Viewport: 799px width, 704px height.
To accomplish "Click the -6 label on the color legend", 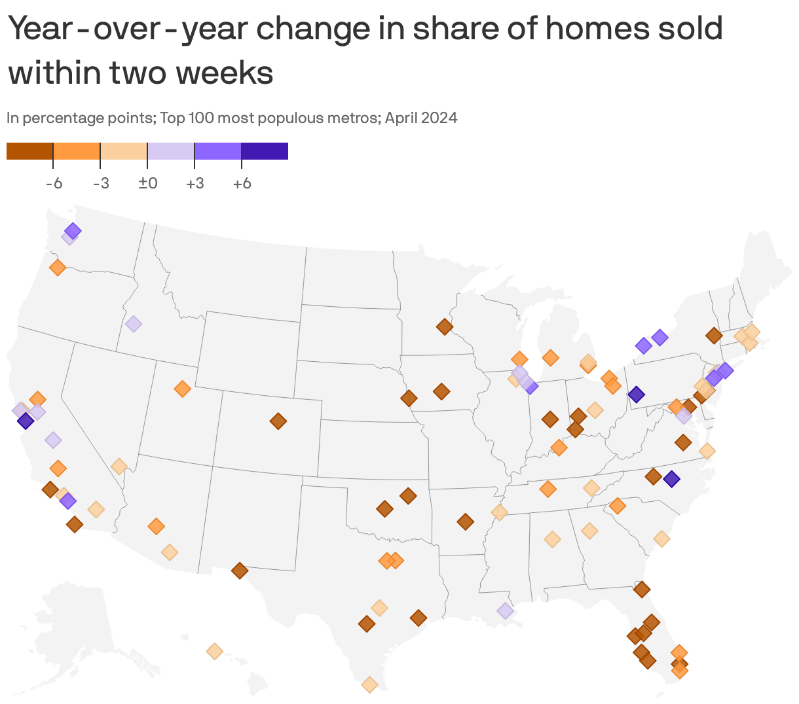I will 54,183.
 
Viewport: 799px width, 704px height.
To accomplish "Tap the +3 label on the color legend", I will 195,183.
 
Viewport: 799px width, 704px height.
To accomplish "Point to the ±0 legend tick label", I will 147,183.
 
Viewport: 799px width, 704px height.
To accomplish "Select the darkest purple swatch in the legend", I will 265,151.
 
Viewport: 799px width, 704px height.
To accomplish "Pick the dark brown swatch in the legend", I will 29,151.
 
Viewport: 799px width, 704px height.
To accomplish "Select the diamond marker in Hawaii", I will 214,651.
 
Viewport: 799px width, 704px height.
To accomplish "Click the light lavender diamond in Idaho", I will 134,324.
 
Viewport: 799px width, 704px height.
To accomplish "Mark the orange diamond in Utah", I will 182,389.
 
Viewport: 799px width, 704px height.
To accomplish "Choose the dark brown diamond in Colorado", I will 278,421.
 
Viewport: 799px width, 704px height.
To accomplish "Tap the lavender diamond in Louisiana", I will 505,610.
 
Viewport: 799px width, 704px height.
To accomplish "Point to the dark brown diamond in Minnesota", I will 445,326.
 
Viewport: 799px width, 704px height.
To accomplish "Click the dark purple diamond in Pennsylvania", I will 636,395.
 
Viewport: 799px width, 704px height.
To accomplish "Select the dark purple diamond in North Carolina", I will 671,479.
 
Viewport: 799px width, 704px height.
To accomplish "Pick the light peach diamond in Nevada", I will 119,466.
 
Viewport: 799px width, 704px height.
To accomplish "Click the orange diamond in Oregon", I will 57,268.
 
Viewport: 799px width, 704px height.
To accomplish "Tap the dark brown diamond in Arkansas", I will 466,521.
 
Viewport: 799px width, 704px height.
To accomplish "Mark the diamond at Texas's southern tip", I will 370,684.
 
